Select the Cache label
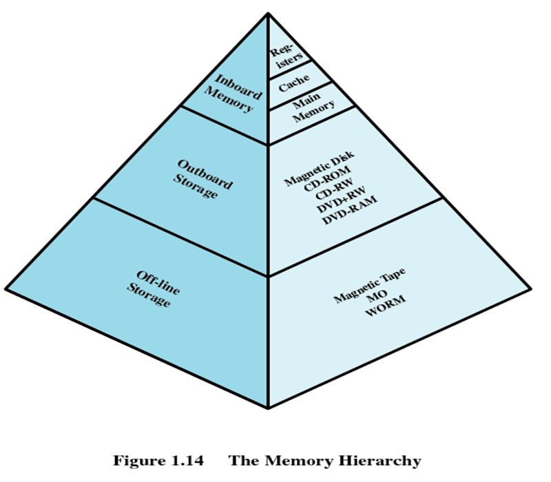294,85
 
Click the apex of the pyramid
267,12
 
